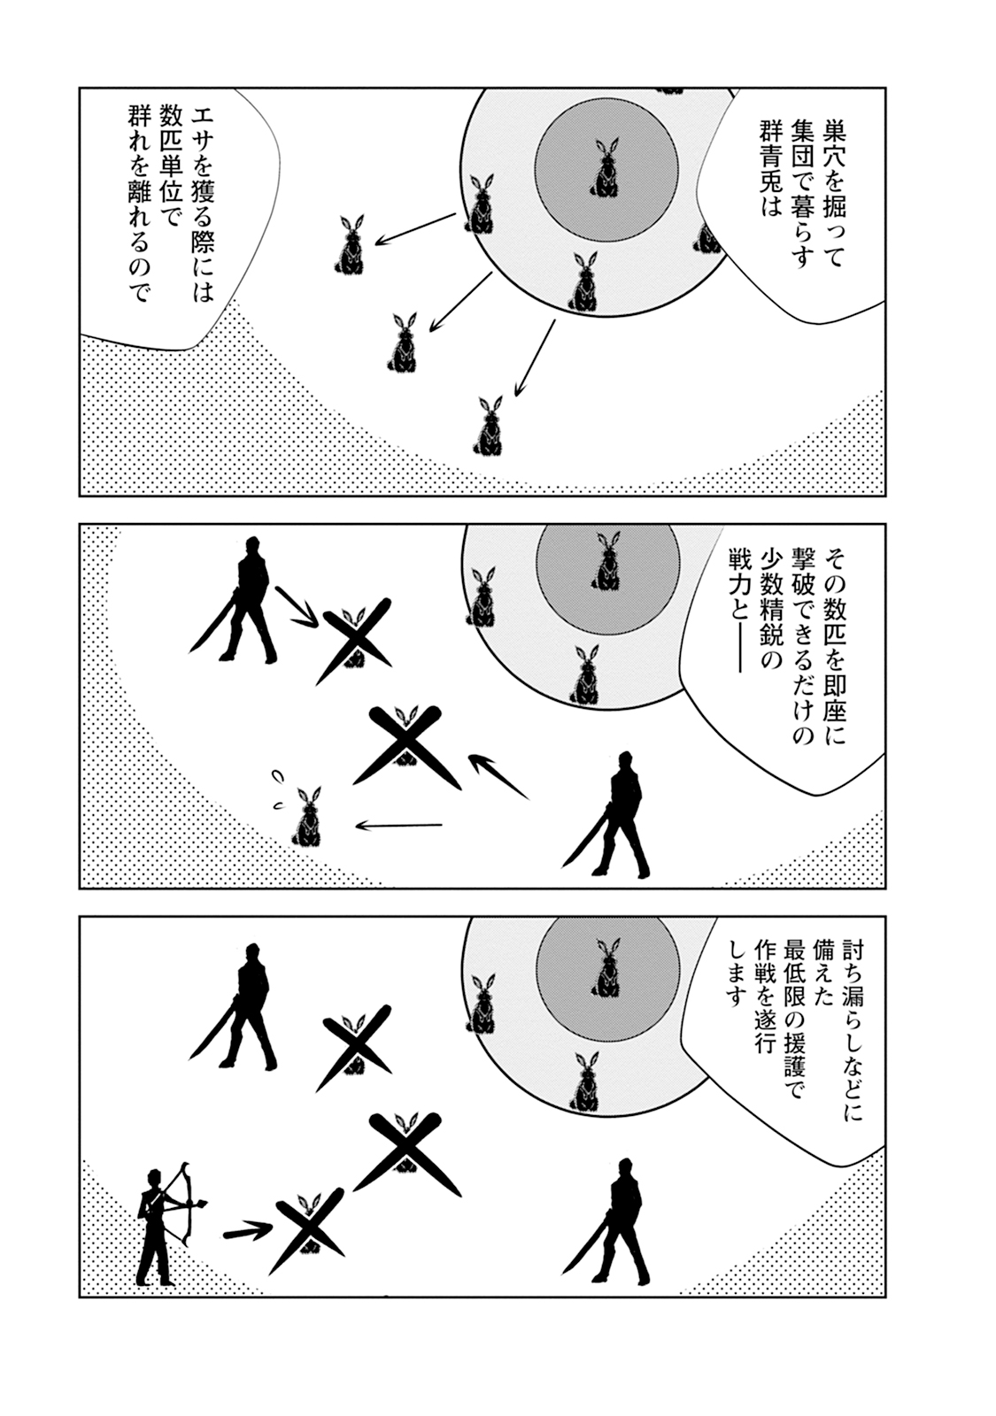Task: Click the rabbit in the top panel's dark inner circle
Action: pyautogui.click(x=606, y=168)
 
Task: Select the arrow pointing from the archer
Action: pyautogui.click(x=246, y=1231)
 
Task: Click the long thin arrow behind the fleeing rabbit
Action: pyautogui.click(x=398, y=826)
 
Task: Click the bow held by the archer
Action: pyautogui.click(x=188, y=1203)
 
